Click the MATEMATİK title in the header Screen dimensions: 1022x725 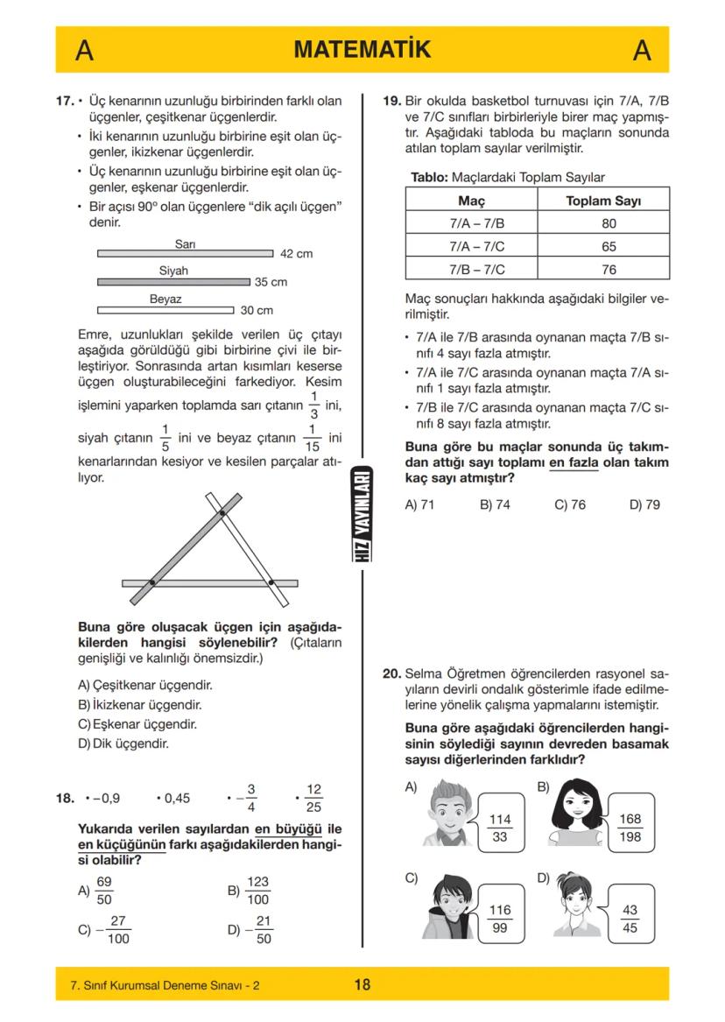pos(362,50)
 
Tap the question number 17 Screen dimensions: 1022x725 pos(64,102)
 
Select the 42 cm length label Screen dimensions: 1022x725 pos(296,254)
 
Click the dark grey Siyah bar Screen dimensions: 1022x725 pos(173,282)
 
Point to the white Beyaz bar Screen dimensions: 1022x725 pos(165,310)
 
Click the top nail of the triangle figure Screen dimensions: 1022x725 pos(222,513)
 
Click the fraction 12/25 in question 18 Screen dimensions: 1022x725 pos(313,798)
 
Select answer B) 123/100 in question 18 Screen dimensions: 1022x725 pos(249,891)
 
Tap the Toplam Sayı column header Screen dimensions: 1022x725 pos(603,201)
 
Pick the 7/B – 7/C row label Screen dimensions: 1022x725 pos(476,270)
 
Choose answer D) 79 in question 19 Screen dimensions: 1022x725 pos(644,504)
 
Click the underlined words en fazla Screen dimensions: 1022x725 pos(574,462)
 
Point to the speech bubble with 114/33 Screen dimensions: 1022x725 pos(500,828)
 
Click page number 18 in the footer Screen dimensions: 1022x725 pos(362,984)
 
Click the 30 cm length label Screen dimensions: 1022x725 pos(257,311)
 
